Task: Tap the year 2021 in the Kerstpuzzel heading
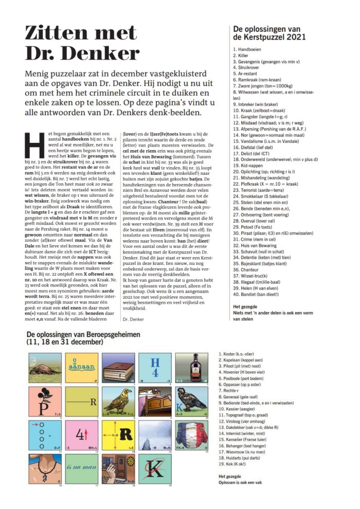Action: tap(295, 37)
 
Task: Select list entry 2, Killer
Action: tap(242, 54)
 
